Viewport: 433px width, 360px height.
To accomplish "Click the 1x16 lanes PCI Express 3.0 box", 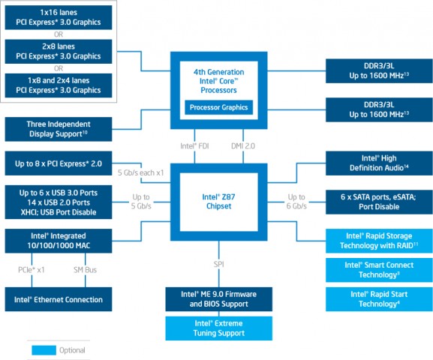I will (59, 18).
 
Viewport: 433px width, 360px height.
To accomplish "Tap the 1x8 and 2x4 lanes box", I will (59, 85).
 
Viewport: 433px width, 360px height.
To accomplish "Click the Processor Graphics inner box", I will (219, 108).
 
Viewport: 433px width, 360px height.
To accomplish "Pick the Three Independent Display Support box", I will (59, 129).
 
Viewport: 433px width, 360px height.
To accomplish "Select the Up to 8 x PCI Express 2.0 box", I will (59, 163).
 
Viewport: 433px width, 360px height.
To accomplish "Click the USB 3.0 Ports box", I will (59, 202).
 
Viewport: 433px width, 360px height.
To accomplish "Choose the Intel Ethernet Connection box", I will (59, 299).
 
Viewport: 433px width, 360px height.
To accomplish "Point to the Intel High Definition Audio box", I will (380, 163).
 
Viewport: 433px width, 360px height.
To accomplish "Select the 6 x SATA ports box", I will (380, 202).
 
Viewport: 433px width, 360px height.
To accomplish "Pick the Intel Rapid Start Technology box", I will (380, 298).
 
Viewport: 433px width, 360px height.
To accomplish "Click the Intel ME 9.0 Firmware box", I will (219, 298).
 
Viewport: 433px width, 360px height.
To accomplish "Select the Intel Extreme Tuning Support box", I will (219, 328).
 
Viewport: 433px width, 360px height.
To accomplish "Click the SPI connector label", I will (219, 265).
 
